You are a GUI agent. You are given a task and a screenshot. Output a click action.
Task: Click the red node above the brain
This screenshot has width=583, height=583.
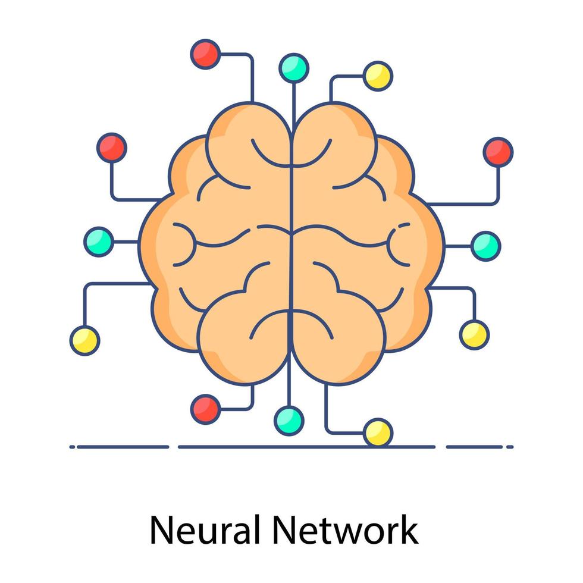point(205,54)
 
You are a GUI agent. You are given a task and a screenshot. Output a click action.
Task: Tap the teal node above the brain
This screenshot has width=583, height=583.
point(294,68)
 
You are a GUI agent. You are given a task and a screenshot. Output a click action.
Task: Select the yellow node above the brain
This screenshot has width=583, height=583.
point(378,76)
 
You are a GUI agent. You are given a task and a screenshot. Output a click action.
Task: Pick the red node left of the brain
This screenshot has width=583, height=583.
point(111,147)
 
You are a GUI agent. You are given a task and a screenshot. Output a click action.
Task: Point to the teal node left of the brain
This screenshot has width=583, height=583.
point(98,242)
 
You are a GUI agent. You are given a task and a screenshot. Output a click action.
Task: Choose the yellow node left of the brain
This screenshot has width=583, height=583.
point(84,340)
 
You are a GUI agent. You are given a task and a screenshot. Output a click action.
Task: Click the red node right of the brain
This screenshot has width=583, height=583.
point(498,152)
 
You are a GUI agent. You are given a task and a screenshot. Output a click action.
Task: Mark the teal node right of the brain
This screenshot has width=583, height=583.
point(485,245)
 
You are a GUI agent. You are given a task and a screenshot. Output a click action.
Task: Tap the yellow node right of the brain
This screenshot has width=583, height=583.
point(474,334)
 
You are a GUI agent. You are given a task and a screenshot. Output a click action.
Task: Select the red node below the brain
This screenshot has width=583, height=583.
point(206,409)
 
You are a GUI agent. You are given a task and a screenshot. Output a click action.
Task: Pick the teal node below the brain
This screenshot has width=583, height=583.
point(289,420)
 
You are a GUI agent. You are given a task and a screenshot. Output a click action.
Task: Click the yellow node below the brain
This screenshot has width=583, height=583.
point(378,432)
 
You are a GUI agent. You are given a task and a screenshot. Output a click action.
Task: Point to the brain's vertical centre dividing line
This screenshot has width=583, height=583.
point(291,250)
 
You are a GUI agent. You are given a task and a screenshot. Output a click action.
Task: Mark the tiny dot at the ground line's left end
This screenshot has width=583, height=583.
point(72,446)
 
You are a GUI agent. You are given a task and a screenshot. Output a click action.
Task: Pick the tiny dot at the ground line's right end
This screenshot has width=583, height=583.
point(511,446)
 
